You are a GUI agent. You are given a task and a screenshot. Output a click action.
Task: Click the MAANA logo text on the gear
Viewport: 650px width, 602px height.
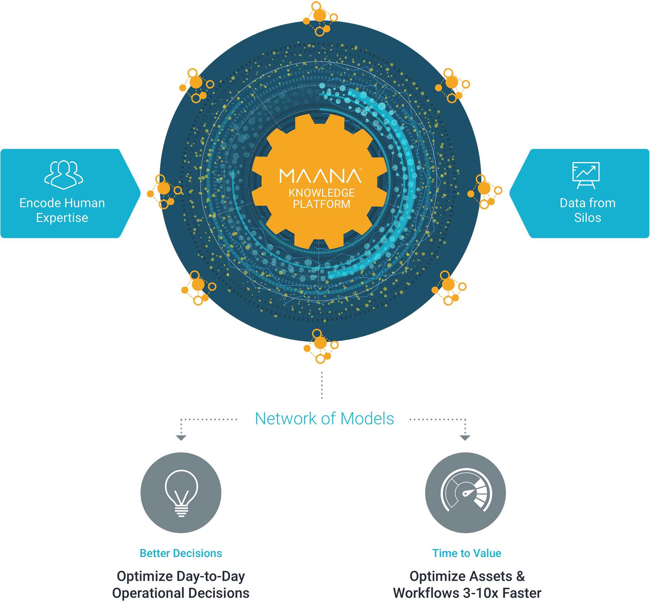[x=320, y=176]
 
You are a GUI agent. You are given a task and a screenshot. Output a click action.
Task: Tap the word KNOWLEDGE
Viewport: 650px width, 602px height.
[x=321, y=193]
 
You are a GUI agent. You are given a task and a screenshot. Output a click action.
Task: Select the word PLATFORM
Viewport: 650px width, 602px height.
[x=321, y=204]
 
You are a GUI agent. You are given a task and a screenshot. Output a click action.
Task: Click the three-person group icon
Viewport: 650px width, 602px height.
[x=64, y=175]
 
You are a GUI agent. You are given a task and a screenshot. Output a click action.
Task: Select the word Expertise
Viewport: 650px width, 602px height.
[x=62, y=218]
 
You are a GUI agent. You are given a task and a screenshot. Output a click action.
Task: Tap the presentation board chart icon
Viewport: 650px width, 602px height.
[x=586, y=175]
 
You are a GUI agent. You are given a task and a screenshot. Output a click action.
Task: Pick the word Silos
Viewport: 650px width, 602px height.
[x=587, y=218]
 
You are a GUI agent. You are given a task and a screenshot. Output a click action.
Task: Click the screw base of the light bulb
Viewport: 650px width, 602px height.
[x=181, y=512]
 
